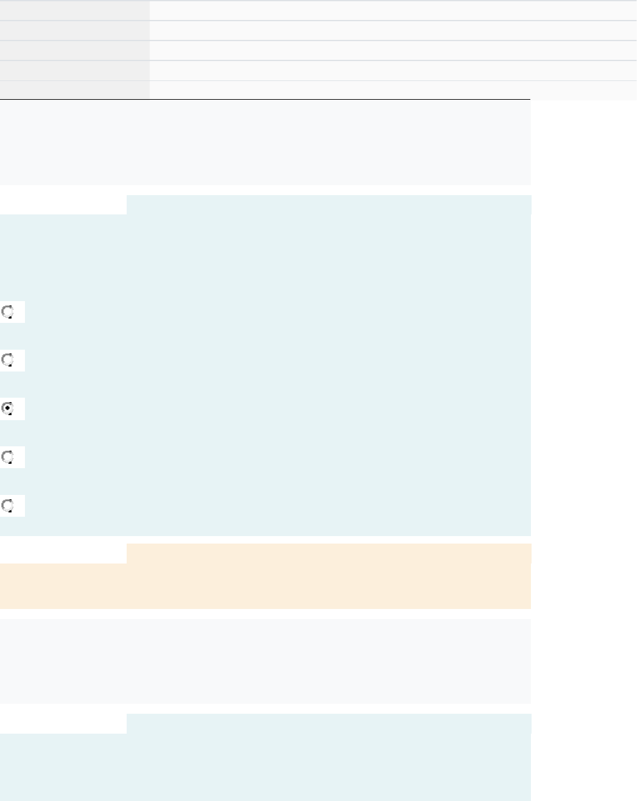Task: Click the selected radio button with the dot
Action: click(8, 409)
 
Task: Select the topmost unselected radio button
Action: click(8, 312)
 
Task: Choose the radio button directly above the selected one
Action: click(8, 360)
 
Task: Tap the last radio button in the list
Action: click(8, 506)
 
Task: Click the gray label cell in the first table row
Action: click(74, 10)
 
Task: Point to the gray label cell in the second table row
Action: click(74, 31)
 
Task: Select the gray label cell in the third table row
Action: click(74, 50)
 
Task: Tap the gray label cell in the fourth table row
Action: click(74, 70)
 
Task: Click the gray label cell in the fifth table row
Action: click(74, 90)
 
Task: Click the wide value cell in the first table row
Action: click(393, 10)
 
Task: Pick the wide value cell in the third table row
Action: click(393, 50)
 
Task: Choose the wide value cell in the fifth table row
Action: click(393, 90)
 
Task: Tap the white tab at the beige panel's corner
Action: click(63, 554)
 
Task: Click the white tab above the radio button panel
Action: click(63, 205)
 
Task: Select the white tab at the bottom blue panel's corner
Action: click(63, 724)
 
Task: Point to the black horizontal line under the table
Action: click(265, 100)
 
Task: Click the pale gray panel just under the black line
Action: click(265, 143)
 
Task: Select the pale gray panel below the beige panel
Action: click(265, 661)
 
